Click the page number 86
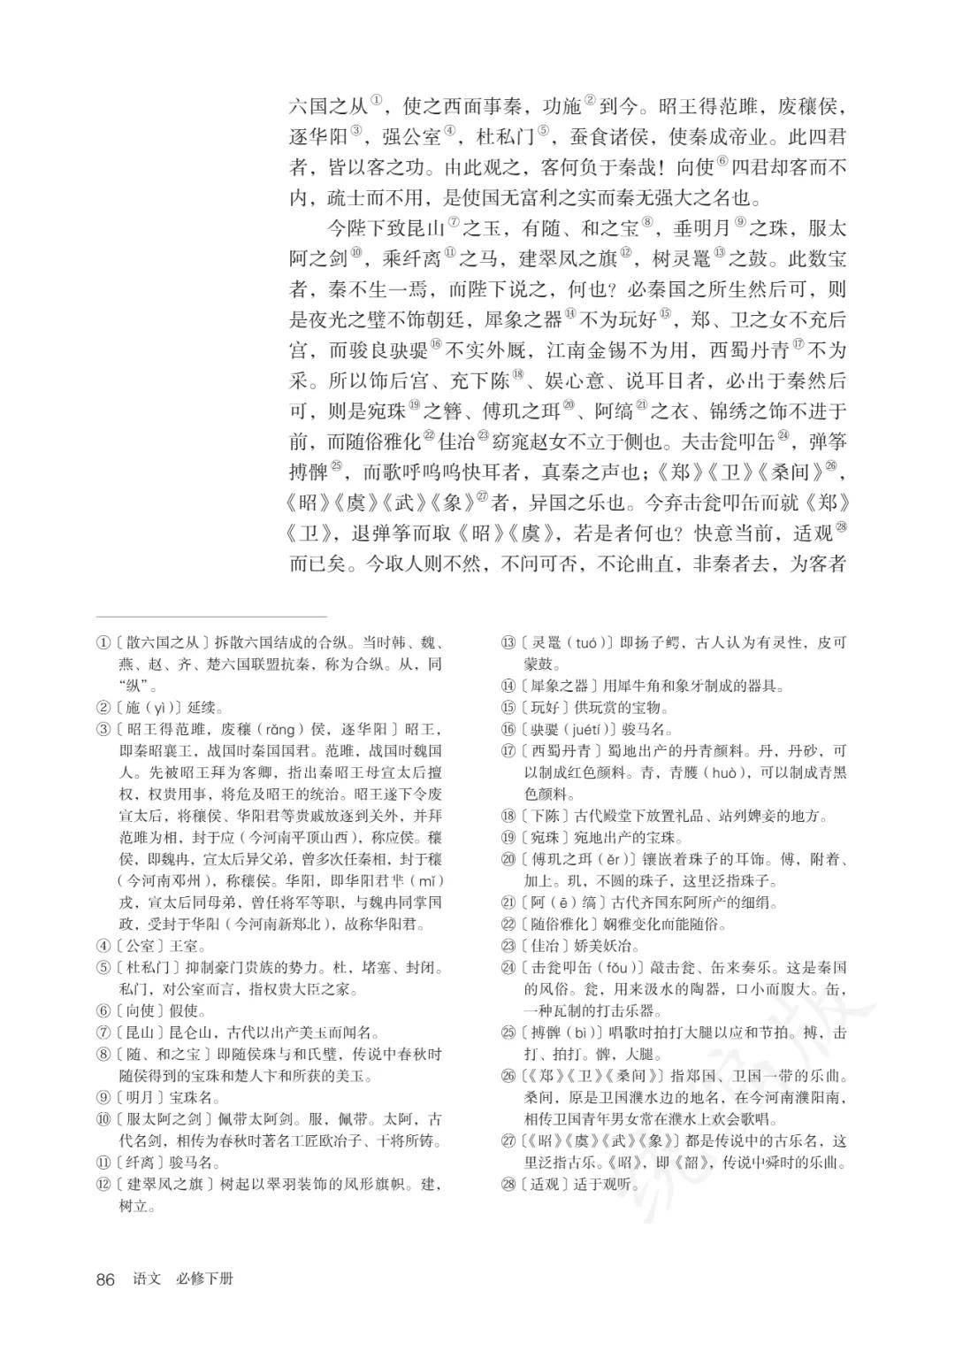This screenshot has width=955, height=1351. tap(105, 1279)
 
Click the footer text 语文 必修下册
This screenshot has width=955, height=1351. tap(183, 1279)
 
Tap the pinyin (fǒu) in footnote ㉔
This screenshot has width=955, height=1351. tap(617, 968)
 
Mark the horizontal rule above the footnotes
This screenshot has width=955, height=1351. tap(211, 618)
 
